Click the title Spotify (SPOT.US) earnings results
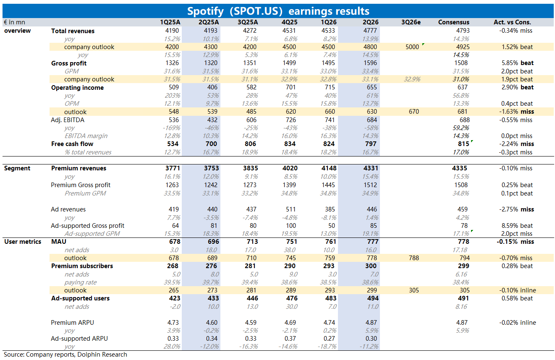click(278, 11)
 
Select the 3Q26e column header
click(411, 22)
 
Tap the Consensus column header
click(454, 22)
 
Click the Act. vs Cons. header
click(512, 22)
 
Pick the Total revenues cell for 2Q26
click(370, 31)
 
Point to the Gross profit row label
click(69, 63)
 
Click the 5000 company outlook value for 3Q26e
click(412, 47)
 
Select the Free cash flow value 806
click(250, 144)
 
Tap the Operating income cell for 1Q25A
click(174, 87)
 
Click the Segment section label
click(17, 168)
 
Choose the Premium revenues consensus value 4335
click(459, 168)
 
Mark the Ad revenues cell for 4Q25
click(291, 209)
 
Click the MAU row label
click(59, 242)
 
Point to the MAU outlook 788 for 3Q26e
click(414, 258)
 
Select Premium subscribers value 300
click(371, 266)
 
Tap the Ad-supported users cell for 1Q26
click(331, 298)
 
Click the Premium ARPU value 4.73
click(173, 323)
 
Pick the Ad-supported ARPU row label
click(79, 339)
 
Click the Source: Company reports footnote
click(65, 355)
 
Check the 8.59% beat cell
click(517, 226)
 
